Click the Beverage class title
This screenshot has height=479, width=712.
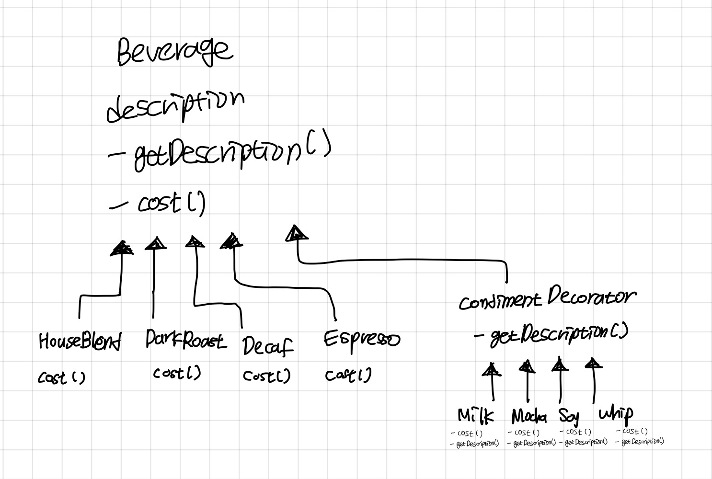point(175,51)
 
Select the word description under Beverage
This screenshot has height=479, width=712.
point(175,106)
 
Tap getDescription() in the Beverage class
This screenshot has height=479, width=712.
point(225,153)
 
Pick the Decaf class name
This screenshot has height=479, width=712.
point(267,346)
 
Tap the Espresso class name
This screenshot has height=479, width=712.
point(362,340)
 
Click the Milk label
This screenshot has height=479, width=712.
point(475,415)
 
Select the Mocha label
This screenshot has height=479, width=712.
point(529,416)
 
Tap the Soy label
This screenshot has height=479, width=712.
point(569,416)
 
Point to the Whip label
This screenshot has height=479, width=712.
point(616,413)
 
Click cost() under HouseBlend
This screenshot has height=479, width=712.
point(61,378)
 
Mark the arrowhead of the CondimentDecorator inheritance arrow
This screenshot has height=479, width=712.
point(297,233)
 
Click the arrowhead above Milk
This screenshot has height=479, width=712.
point(491,369)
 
